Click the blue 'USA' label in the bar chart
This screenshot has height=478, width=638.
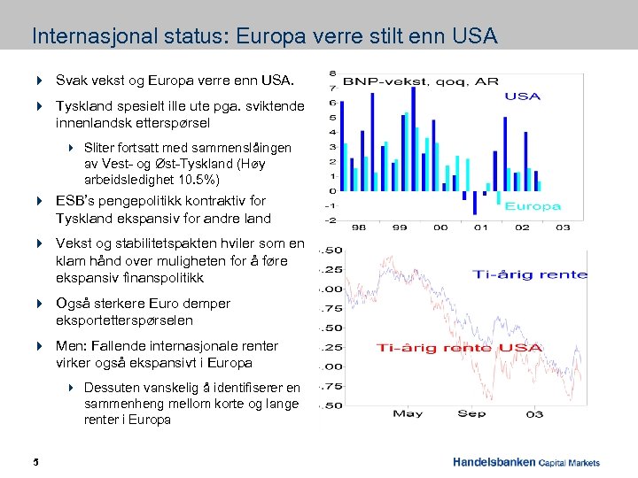pyautogui.click(x=522, y=96)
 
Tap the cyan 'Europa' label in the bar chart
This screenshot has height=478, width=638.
pyautogui.click(x=533, y=206)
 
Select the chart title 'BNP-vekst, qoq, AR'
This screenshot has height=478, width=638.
pyautogui.click(x=420, y=81)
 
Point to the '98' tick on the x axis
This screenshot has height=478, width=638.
pyautogui.click(x=358, y=227)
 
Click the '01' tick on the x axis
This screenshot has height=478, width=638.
pyautogui.click(x=479, y=227)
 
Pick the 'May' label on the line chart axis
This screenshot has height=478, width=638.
pyautogui.click(x=407, y=413)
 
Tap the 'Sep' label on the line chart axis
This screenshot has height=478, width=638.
pyautogui.click(x=472, y=413)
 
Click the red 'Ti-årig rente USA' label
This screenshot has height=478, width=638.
pyautogui.click(x=458, y=348)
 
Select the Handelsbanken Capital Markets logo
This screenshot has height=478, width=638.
pyautogui.click(x=525, y=462)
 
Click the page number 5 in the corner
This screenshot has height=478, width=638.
pyautogui.click(x=35, y=462)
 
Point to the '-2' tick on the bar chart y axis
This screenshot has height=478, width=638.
pyautogui.click(x=331, y=220)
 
